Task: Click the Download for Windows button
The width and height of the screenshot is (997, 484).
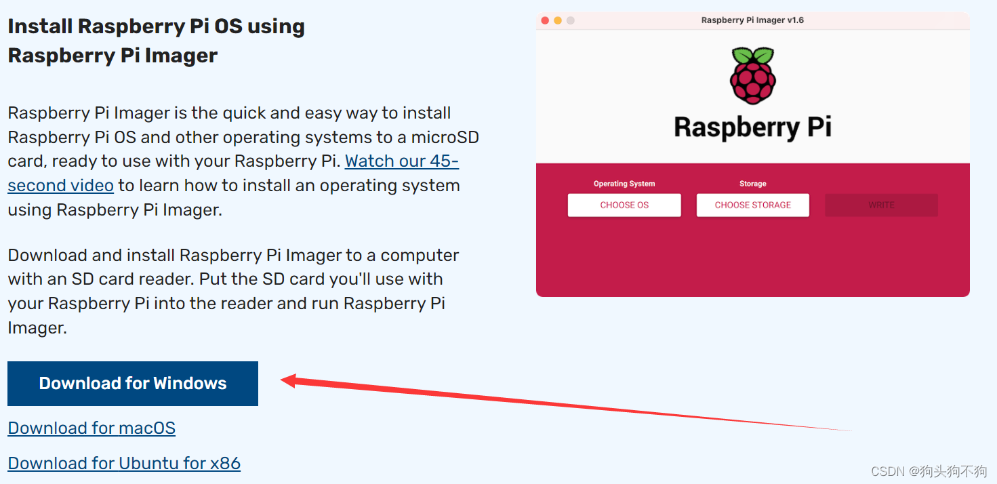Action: [x=133, y=384]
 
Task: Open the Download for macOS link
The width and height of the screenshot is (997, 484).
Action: [x=91, y=428]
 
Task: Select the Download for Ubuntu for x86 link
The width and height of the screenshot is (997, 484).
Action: [x=124, y=464]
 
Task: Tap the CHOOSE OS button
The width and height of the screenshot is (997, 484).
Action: [x=624, y=205]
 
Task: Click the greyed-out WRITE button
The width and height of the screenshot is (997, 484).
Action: [x=881, y=205]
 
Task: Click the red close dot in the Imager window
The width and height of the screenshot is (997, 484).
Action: [x=545, y=20]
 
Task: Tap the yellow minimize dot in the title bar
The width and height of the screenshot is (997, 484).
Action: [x=558, y=20]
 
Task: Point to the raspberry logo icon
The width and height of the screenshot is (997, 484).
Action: [x=752, y=75]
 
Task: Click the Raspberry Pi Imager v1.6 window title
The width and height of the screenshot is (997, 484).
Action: [x=752, y=20]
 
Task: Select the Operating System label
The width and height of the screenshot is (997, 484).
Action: [x=624, y=184]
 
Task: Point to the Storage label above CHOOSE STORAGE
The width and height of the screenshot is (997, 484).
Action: [x=752, y=184]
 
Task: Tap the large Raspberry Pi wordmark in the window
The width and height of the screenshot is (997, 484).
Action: [x=752, y=127]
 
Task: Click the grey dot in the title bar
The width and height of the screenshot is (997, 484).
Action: [x=571, y=20]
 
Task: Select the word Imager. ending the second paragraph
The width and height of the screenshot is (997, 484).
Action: [x=37, y=328]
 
